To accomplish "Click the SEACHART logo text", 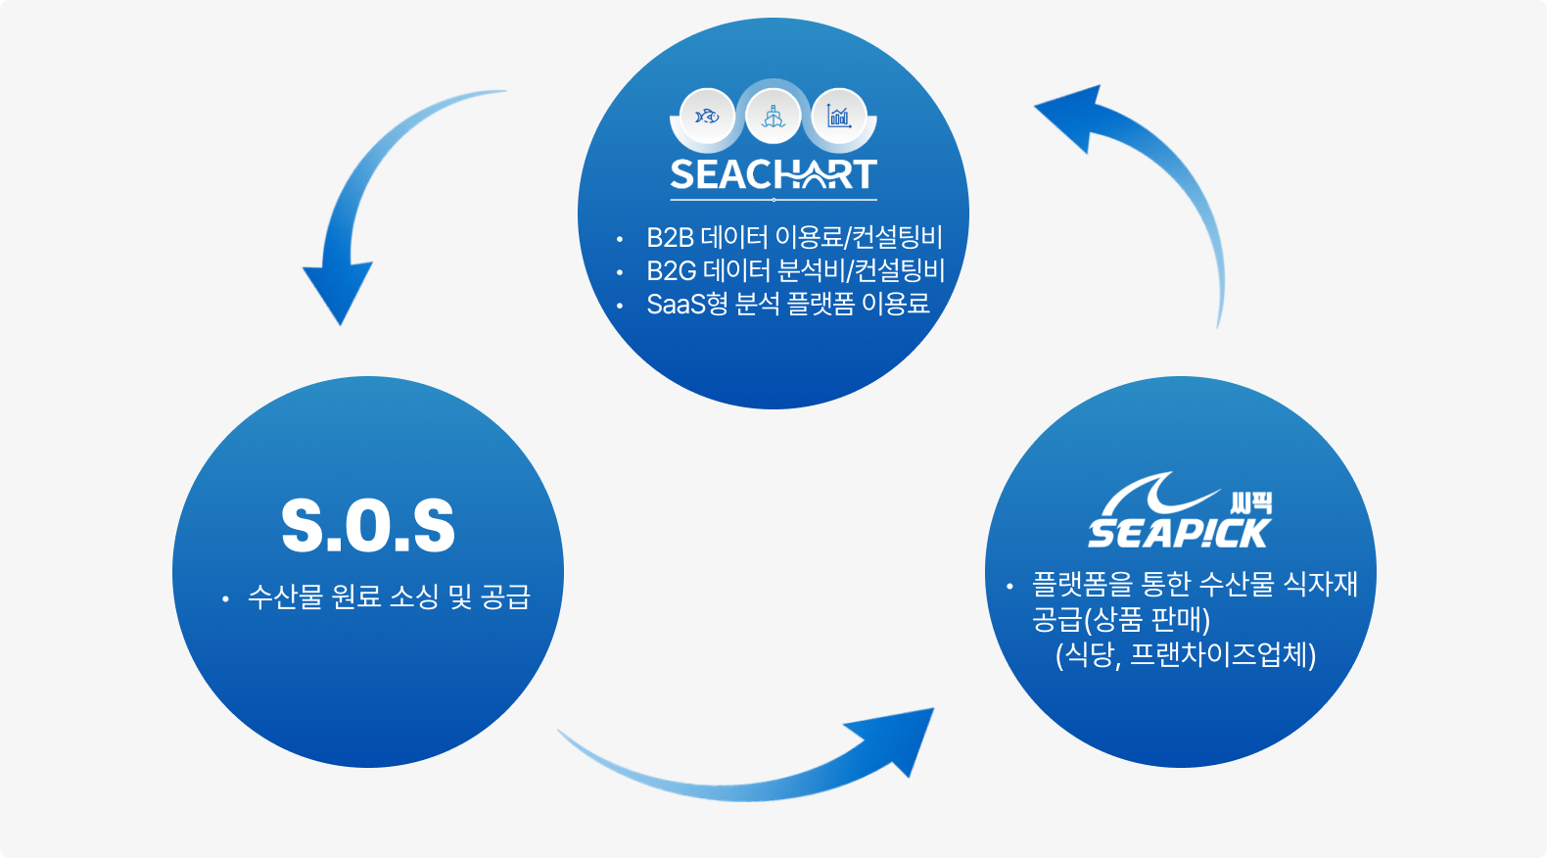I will point(773,174).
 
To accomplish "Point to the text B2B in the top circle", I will point(671,238).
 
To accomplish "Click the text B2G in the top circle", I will point(672,271).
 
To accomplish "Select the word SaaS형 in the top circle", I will point(687,305).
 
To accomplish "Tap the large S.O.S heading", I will point(368,526).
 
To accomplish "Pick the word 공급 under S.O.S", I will point(505,596).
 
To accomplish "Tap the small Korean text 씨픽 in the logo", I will point(1251,503).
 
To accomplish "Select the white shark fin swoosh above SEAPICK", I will point(1155,493).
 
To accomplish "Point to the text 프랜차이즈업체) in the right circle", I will point(1223,655).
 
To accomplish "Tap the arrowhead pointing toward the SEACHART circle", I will point(1071,113).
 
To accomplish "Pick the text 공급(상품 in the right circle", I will point(1087,620).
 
